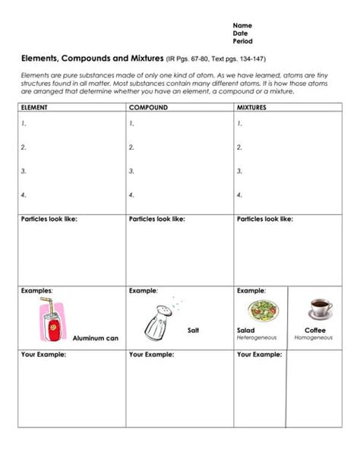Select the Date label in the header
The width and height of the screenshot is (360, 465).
point(240,33)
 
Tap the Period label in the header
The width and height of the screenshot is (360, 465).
point(242,41)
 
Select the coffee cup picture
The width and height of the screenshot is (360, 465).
point(320,308)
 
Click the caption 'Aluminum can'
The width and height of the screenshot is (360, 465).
point(95,338)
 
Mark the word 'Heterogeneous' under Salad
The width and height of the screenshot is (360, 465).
point(257,337)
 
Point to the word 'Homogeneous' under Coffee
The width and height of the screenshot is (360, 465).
point(314,337)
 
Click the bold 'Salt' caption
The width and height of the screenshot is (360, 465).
point(194,331)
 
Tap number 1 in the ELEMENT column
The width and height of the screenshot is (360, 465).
point(24,123)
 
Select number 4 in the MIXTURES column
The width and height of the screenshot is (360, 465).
point(240,195)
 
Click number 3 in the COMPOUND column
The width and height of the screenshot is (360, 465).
point(131,172)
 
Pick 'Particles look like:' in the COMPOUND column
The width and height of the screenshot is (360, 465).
point(157,219)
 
